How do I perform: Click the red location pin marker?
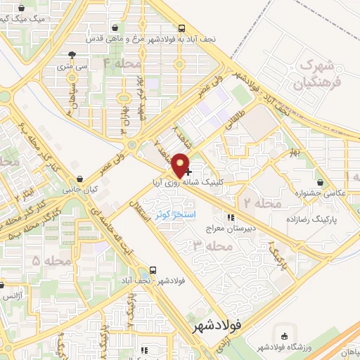click(x=182, y=165)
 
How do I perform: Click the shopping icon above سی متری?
click(x=71, y=56)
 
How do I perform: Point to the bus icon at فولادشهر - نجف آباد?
click(x=153, y=271)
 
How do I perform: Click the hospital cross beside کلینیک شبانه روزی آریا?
click(x=188, y=171)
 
